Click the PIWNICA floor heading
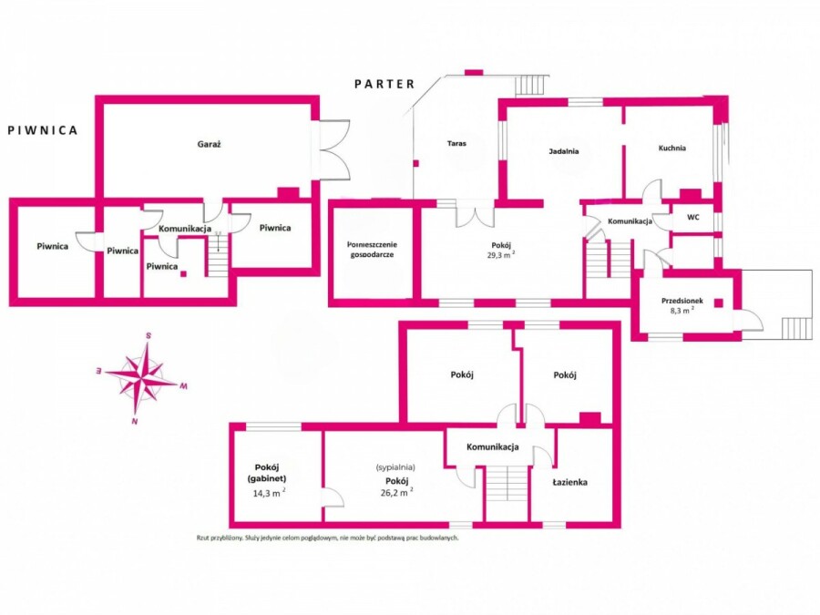tap(43, 130)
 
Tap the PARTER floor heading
tap(384, 84)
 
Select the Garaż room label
tap(210, 144)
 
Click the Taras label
tap(456, 143)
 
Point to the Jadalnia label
tap(564, 151)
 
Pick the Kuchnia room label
tap(672, 148)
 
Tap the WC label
tap(693, 217)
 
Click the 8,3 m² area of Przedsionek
tap(682, 310)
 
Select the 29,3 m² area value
tap(500, 255)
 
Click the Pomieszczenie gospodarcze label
tap(372, 250)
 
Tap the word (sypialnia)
tap(396, 467)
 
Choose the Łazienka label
tap(570, 482)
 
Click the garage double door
tap(333, 150)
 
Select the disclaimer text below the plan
tap(328, 538)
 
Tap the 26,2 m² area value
tap(397, 492)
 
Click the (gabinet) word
tap(267, 478)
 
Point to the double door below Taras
tap(475, 217)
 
